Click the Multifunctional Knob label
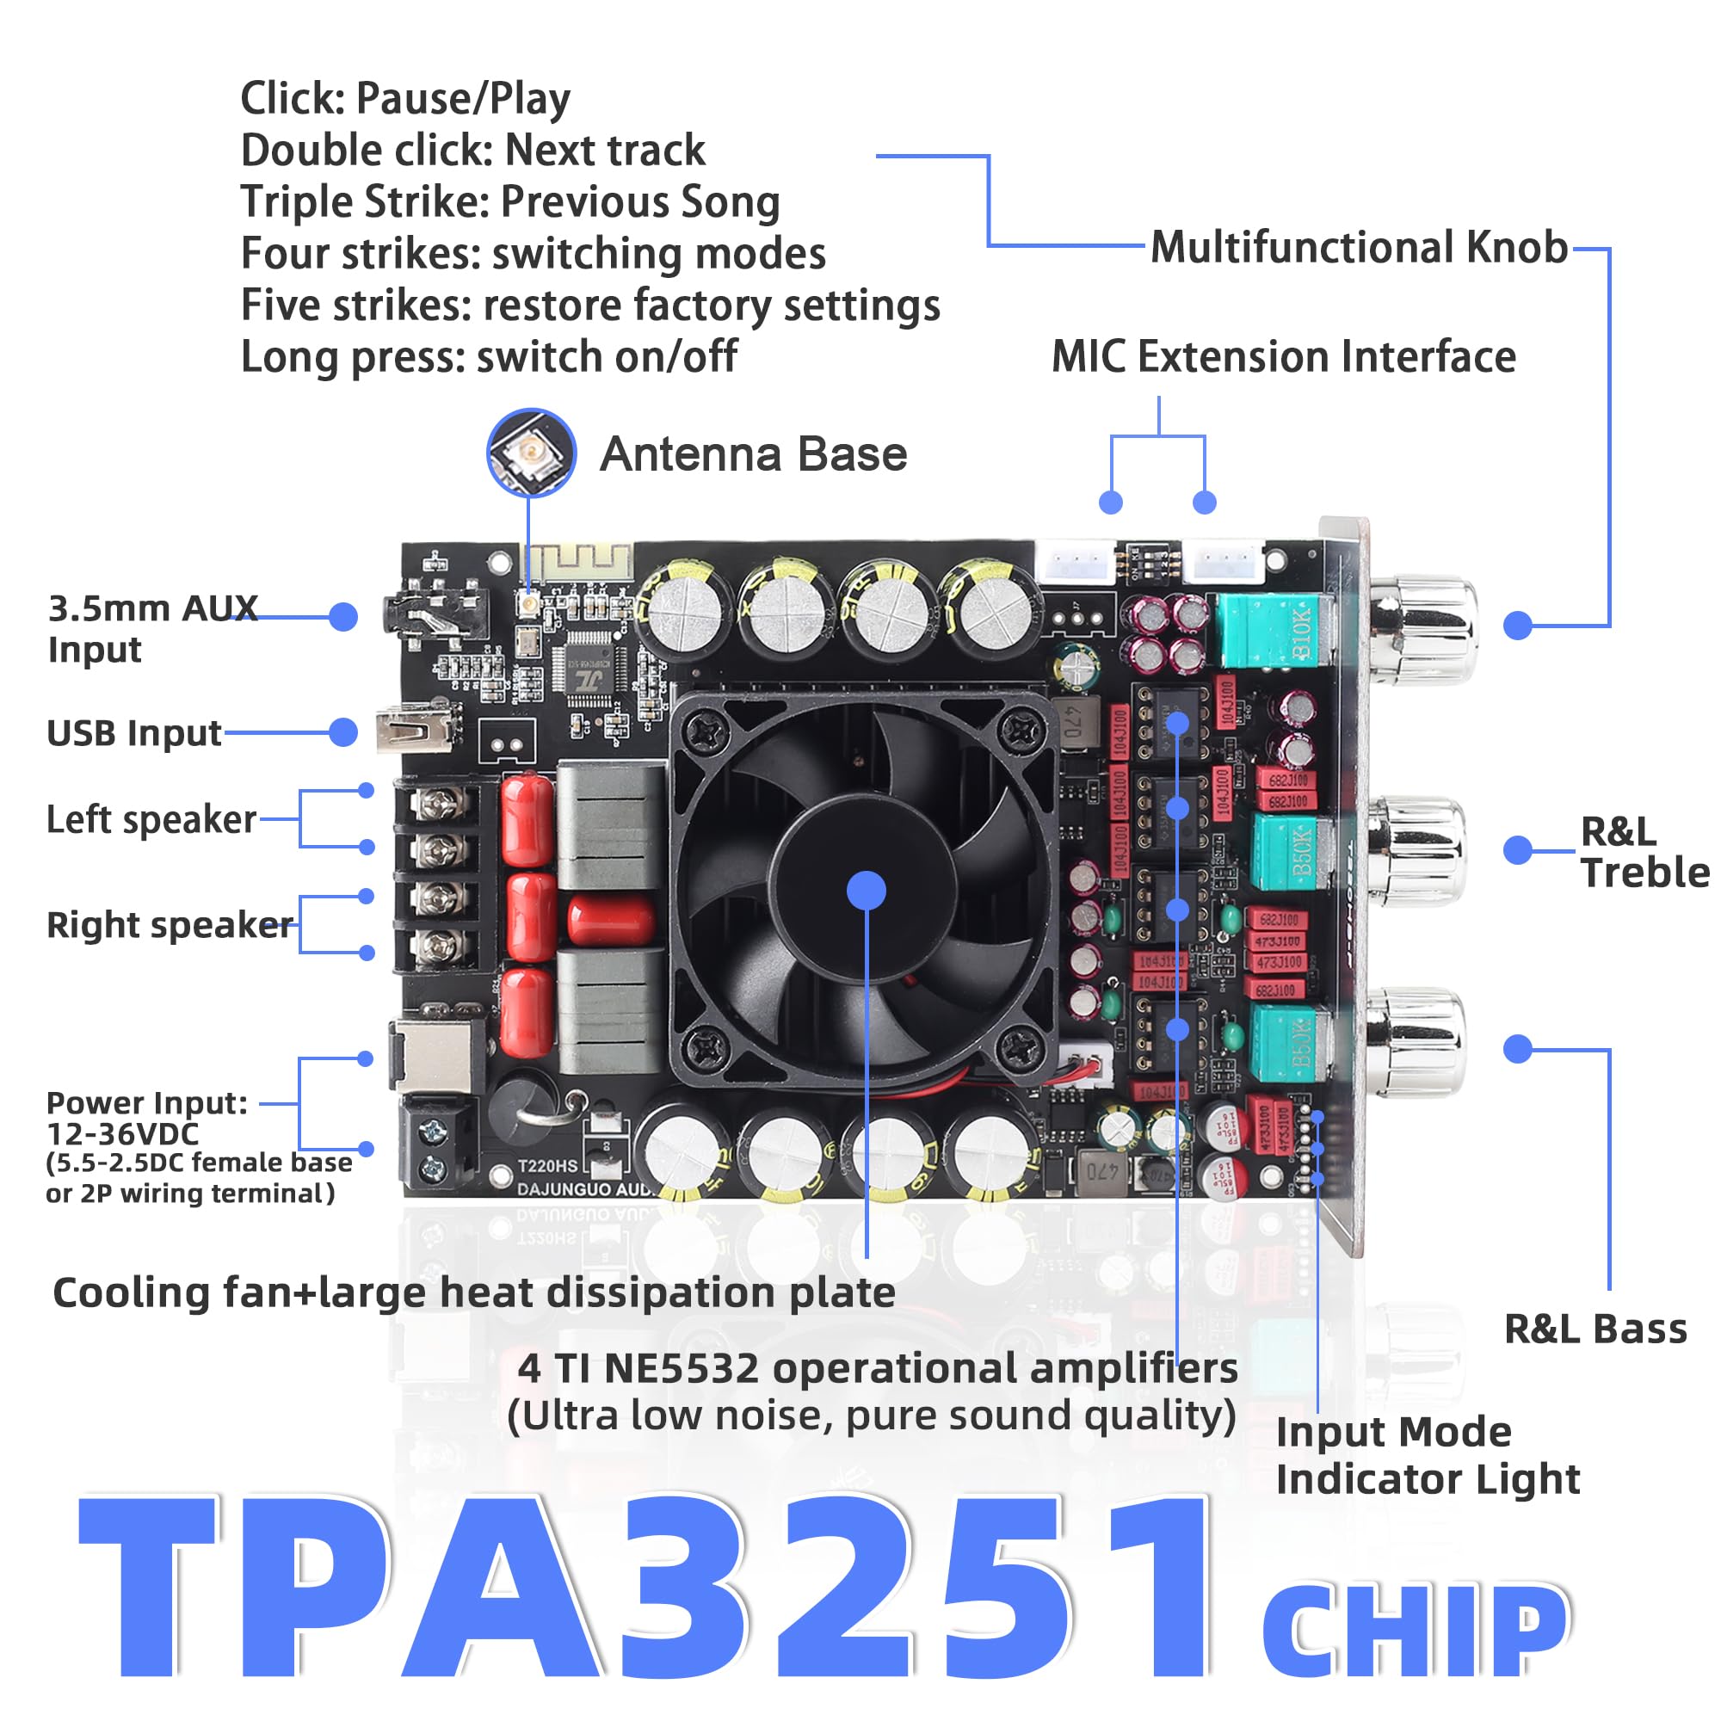click(x=1358, y=248)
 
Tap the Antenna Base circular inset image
click(x=531, y=453)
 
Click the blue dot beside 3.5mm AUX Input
click(x=343, y=616)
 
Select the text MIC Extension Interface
click(x=1283, y=357)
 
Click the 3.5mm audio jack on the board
click(x=436, y=614)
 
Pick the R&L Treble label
click(x=1644, y=852)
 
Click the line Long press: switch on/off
click(x=488, y=357)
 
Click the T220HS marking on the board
click(x=547, y=1165)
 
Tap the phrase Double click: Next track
click(x=472, y=150)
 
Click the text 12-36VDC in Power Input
click(x=123, y=1134)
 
